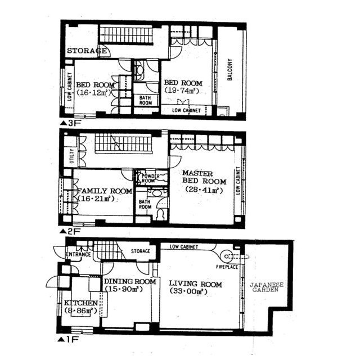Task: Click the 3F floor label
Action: (71, 123)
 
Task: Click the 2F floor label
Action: (70, 231)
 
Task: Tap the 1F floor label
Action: (68, 339)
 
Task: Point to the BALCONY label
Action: (230, 69)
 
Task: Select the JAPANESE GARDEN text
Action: (267, 287)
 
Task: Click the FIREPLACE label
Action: (227, 267)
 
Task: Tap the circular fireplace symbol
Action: (226, 256)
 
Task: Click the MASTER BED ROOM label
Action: (204, 177)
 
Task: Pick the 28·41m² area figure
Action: (204, 190)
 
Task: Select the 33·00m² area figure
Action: (188, 291)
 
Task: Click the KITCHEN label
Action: (81, 303)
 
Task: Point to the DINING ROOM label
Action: (130, 281)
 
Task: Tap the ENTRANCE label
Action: (78, 254)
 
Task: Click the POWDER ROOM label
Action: (150, 178)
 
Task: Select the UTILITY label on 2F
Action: (71, 156)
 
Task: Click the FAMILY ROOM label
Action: (105, 191)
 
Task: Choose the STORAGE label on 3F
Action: (87, 51)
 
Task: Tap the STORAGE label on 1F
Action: (140, 251)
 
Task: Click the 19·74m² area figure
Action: (182, 91)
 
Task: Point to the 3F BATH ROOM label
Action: (146, 100)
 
